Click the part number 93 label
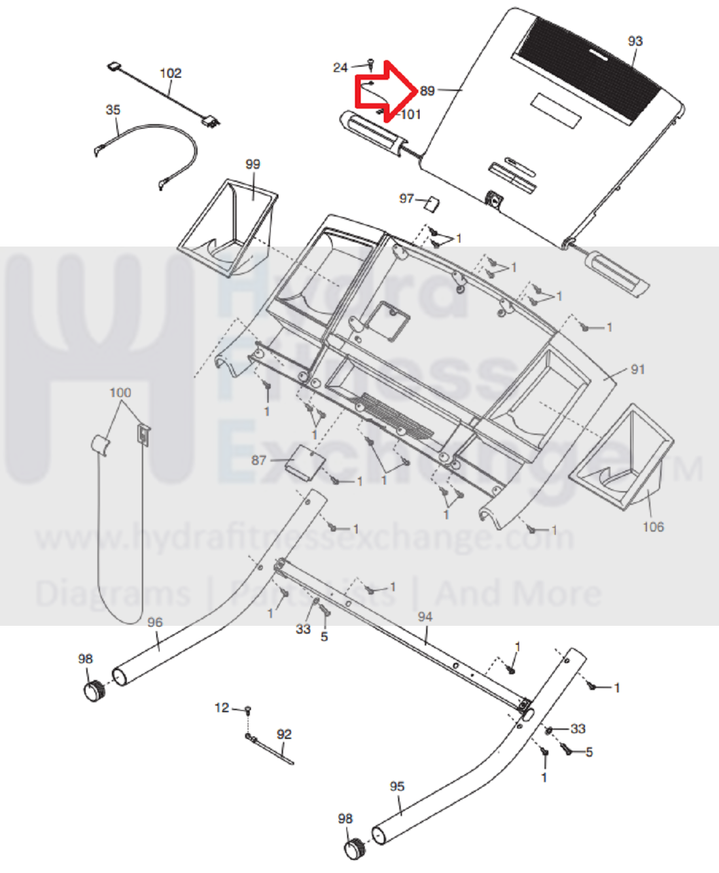(635, 41)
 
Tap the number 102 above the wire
(170, 73)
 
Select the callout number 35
(113, 110)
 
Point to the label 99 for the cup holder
(253, 164)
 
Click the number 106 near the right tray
(653, 527)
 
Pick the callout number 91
(637, 370)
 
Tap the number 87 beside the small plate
(259, 460)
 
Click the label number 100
(120, 393)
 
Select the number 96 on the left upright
(154, 622)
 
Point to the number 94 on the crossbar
(425, 616)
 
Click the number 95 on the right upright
(397, 786)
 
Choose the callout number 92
(284, 734)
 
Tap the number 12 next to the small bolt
(222, 707)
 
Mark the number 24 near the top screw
(340, 67)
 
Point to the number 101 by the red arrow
(411, 115)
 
